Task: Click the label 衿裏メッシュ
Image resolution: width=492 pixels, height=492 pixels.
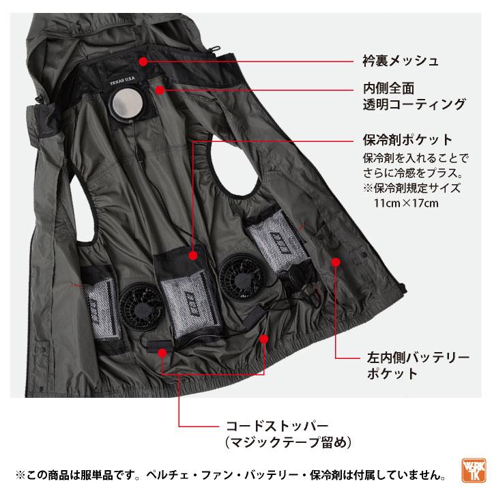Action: coord(400,61)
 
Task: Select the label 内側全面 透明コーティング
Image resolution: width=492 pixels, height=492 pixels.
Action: coord(414,96)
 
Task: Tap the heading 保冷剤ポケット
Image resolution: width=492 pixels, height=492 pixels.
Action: coord(407,141)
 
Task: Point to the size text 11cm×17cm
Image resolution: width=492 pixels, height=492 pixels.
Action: coord(406,203)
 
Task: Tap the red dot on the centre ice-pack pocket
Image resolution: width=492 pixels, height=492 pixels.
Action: coord(193,255)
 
